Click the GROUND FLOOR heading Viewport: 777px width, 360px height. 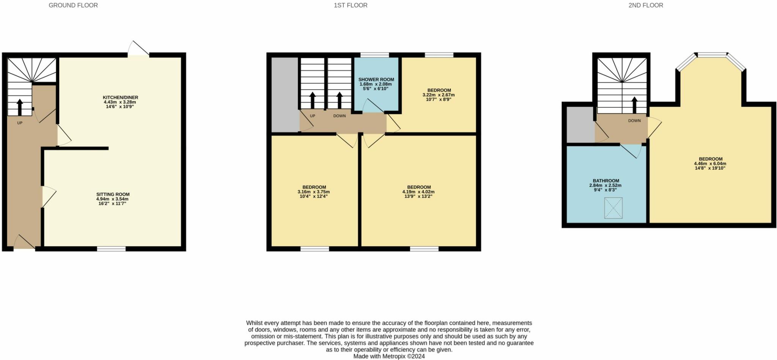click(73, 5)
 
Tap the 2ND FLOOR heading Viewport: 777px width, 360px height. click(646, 5)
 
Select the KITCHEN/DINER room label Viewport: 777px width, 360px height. click(120, 97)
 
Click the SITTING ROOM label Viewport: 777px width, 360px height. click(113, 194)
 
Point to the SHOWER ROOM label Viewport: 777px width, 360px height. click(376, 80)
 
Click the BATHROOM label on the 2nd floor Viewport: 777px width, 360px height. click(606, 181)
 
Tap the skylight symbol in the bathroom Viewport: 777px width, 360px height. click(613, 208)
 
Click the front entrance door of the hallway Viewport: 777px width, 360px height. click(24, 243)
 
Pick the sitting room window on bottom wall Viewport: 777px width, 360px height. click(111, 249)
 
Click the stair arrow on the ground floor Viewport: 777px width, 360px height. click(19, 106)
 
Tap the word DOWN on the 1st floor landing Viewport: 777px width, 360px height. click(340, 116)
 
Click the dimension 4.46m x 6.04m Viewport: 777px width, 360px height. click(710, 163)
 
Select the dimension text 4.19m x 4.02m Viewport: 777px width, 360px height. click(419, 192)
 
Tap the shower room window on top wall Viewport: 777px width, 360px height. click(374, 55)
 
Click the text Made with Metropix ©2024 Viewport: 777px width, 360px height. click(389, 356)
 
